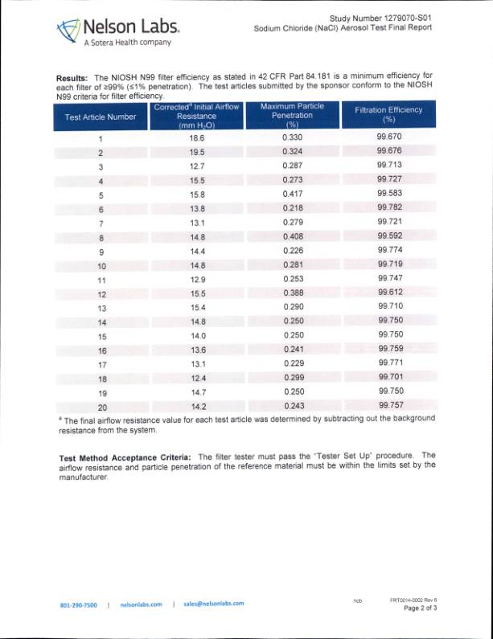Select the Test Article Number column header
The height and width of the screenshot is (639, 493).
point(101,117)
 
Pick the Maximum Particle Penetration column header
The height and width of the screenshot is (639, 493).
point(292,115)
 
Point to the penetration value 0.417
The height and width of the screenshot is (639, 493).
point(293,195)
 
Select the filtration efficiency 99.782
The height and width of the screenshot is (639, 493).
point(389,208)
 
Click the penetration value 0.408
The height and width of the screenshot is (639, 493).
point(293,237)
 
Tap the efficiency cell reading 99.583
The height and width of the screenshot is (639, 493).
point(389,195)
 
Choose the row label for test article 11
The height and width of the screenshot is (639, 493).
point(101,280)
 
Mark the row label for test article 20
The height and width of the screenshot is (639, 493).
point(101,407)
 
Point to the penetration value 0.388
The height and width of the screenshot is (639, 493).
point(293,293)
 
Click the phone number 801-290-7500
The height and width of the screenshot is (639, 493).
point(79,604)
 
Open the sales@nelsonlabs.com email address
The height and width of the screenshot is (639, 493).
point(213,604)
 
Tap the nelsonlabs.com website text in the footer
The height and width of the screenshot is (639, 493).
point(141,604)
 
